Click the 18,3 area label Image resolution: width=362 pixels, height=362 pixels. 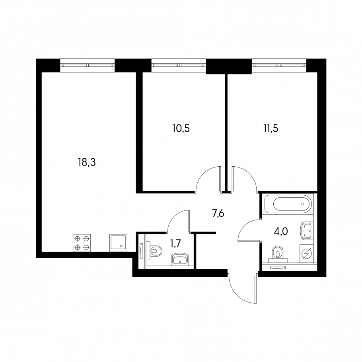click(x=87, y=162)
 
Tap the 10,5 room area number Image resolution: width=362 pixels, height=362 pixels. click(x=181, y=128)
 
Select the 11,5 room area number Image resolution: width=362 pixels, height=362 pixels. click(x=271, y=128)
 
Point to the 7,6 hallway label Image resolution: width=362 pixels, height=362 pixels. click(x=218, y=214)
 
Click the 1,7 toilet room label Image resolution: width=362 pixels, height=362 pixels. click(x=175, y=243)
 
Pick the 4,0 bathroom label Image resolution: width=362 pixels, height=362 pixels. click(x=281, y=232)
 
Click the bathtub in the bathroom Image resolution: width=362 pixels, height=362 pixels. click(x=288, y=204)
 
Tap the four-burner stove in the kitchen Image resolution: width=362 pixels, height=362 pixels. click(x=82, y=243)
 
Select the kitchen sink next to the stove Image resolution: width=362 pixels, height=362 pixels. click(x=118, y=243)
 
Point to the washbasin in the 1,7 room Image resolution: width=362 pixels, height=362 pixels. click(x=180, y=259)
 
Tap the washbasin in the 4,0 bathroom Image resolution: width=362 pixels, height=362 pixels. click(x=307, y=230)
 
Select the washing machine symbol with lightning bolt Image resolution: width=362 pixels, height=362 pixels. click(x=307, y=253)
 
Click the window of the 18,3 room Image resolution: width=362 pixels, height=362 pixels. click(x=88, y=65)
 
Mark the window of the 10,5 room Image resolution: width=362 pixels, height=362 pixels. click(x=179, y=65)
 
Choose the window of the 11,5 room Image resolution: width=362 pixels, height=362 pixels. click(x=279, y=65)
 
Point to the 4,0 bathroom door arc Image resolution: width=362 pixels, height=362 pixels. click(x=245, y=224)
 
